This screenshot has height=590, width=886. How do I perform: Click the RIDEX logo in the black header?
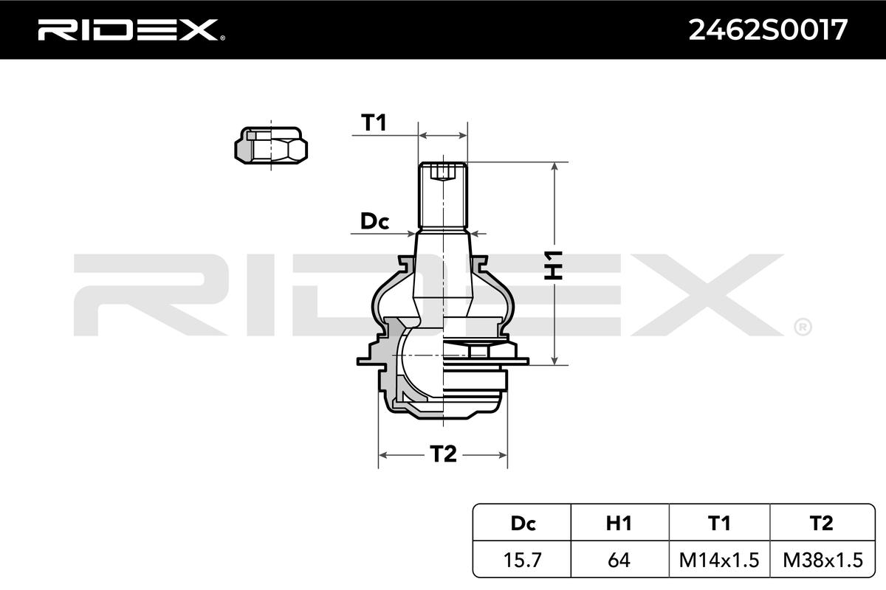point(131,29)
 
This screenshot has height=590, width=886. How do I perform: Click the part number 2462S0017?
point(767,30)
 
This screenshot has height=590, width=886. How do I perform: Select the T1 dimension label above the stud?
point(374,122)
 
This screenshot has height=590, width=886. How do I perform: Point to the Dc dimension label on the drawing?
point(374,221)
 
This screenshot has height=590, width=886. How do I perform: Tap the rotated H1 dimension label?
point(553,265)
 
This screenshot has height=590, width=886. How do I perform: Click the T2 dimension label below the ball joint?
point(443,454)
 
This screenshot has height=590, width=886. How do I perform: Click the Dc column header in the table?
point(523,523)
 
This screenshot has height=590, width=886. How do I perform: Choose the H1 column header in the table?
point(619,523)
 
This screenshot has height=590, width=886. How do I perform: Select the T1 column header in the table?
point(719,523)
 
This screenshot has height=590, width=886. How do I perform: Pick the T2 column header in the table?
point(822,523)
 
